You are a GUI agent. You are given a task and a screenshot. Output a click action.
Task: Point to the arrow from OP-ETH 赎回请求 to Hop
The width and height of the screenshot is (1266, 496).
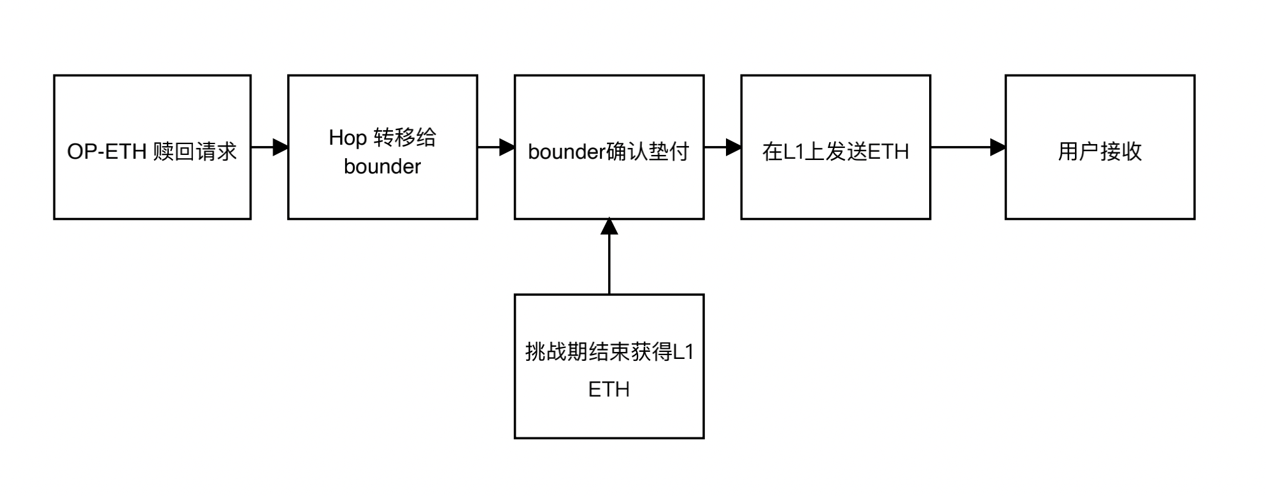click(x=269, y=147)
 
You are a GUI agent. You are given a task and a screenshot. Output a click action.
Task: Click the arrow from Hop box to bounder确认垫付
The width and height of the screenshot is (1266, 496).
click(x=496, y=147)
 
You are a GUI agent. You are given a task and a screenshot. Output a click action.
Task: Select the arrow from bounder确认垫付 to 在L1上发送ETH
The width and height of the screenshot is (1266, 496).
click(x=723, y=147)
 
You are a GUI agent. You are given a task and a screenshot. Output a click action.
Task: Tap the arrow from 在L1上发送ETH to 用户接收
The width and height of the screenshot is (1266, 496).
click(x=968, y=147)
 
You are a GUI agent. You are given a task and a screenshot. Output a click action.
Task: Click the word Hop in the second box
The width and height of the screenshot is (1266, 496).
click(x=348, y=138)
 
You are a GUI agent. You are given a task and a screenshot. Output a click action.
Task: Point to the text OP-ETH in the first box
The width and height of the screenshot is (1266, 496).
click(x=107, y=152)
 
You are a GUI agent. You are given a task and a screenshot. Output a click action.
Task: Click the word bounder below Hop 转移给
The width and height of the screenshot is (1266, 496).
click(x=382, y=167)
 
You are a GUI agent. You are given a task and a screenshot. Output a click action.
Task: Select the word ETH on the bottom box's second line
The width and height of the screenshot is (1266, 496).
click(x=609, y=390)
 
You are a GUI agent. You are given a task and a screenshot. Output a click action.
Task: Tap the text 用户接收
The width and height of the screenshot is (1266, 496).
click(x=1100, y=152)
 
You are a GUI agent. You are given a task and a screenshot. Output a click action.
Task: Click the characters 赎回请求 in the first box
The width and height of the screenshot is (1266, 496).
click(x=195, y=152)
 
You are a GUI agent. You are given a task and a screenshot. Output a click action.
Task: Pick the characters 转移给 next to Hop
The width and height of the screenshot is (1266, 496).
click(x=405, y=138)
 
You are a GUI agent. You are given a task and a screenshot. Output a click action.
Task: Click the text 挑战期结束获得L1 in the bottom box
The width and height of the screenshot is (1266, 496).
click(x=609, y=352)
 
